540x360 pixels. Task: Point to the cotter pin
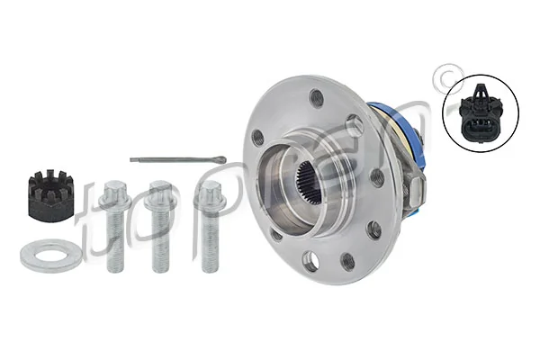click(x=180, y=160)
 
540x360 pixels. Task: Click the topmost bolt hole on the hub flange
click(x=316, y=98)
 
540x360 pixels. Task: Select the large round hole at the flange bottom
click(x=310, y=262)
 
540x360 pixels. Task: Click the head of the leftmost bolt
click(x=113, y=192)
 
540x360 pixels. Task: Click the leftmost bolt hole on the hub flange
click(x=257, y=138)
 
